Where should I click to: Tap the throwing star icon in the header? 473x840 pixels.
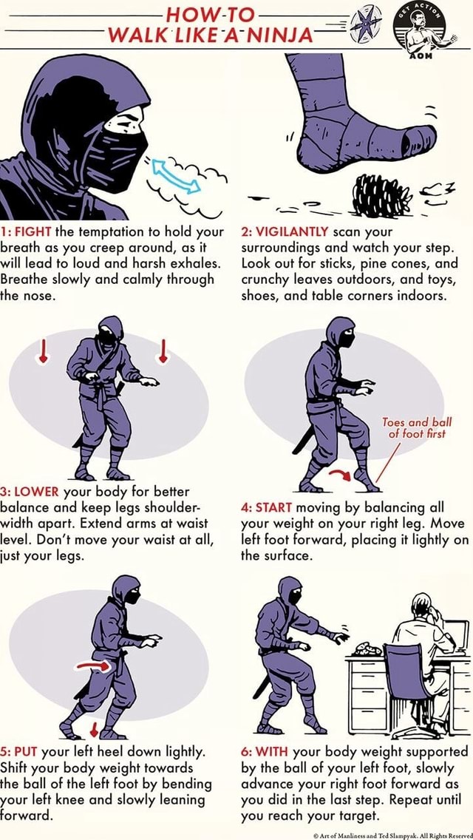point(365,24)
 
